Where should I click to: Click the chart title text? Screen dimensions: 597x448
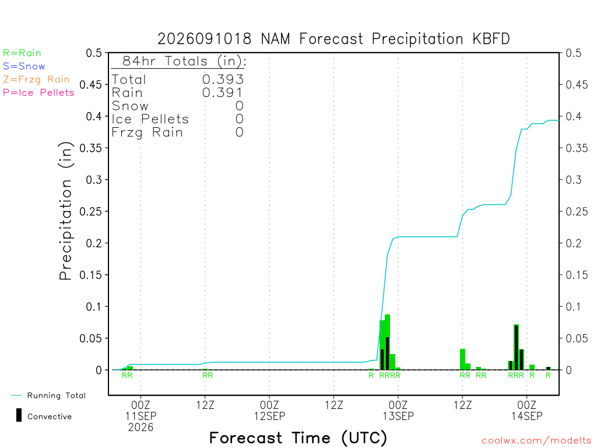click(333, 39)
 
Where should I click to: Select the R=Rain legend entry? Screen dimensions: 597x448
click(22, 53)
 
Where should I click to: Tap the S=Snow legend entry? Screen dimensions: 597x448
click(24, 66)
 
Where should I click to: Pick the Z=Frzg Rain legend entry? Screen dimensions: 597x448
click(37, 79)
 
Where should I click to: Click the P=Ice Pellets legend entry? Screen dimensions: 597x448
click(38, 93)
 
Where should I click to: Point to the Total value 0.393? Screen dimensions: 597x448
click(223, 79)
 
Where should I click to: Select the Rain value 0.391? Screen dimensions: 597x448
click(223, 93)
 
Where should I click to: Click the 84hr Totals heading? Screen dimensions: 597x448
click(184, 61)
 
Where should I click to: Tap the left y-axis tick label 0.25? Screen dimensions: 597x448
click(90, 211)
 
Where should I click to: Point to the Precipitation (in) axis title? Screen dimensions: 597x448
click(65, 211)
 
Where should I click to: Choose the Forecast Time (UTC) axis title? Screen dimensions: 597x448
click(298, 437)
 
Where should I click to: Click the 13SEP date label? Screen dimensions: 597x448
click(398, 416)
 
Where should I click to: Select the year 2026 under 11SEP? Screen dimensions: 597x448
click(141, 428)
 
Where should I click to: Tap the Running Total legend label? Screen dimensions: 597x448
click(57, 395)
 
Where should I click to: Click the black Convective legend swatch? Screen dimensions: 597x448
click(19, 415)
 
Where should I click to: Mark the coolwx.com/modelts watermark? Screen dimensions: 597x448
click(536, 441)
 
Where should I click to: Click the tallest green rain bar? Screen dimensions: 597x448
click(387, 342)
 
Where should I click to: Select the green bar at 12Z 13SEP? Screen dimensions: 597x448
click(462, 359)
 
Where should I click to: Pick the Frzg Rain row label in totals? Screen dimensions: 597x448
click(148, 132)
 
